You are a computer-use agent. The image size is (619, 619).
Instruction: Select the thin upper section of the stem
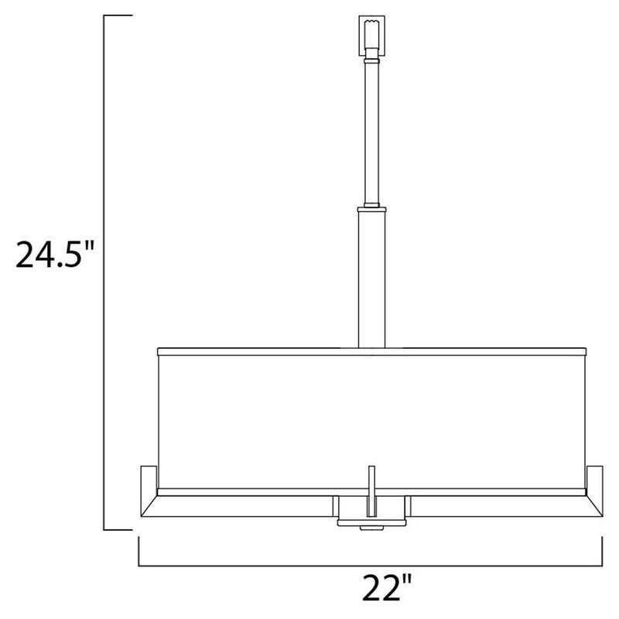pyautogui.click(x=371, y=132)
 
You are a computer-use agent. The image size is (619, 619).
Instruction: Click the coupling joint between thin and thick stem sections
pyautogui.click(x=371, y=207)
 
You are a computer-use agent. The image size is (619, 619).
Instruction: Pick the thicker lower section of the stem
pyautogui.click(x=371, y=279)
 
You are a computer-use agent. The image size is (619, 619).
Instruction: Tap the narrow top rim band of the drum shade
pyautogui.click(x=371, y=351)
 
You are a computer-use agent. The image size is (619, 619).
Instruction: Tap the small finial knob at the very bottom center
pyautogui.click(x=371, y=528)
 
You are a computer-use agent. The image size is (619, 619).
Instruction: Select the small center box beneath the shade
pyautogui.click(x=371, y=511)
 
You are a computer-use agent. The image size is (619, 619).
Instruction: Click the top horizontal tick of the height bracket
pyautogui.click(x=118, y=15)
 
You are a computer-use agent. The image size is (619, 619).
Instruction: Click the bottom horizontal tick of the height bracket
pyautogui.click(x=118, y=530)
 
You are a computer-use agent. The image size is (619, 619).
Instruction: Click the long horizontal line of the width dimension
pyautogui.click(x=371, y=565)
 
